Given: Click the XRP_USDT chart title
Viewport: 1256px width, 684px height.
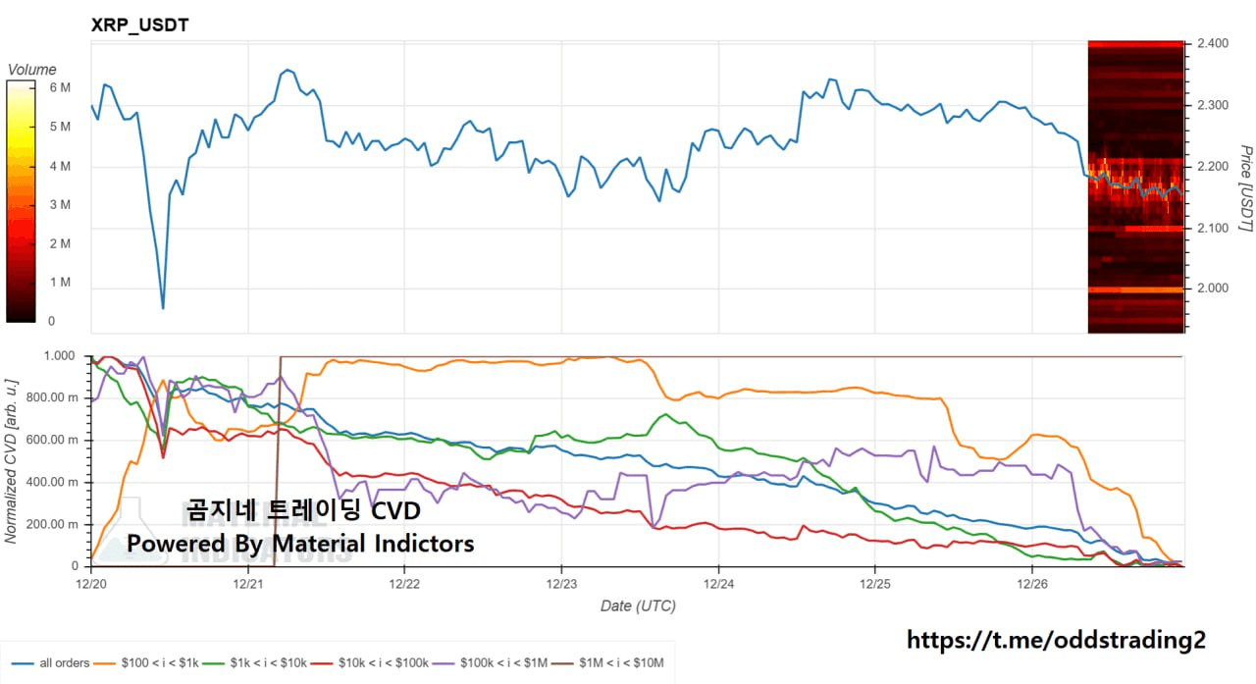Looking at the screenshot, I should pyautogui.click(x=139, y=26).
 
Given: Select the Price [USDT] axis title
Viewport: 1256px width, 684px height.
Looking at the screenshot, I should pyautogui.click(x=1244, y=189).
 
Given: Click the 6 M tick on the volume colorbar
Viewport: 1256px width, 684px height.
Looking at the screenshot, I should pyautogui.click(x=60, y=88).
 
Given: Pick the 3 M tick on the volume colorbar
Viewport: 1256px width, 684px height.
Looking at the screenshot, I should pyautogui.click(x=60, y=205).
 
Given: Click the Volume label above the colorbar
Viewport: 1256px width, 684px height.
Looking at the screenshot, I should pyautogui.click(x=32, y=70).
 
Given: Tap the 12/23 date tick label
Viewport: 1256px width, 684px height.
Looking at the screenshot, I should pyautogui.click(x=561, y=583).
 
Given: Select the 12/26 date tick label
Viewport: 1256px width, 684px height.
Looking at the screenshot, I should pyautogui.click(x=1031, y=583).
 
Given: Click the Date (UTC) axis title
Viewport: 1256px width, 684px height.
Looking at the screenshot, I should pyautogui.click(x=638, y=606).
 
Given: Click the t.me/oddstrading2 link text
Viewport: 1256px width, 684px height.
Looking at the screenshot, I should pyautogui.click(x=1056, y=641).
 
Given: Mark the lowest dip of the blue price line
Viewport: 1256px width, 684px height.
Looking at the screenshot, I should pyautogui.click(x=163, y=308).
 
